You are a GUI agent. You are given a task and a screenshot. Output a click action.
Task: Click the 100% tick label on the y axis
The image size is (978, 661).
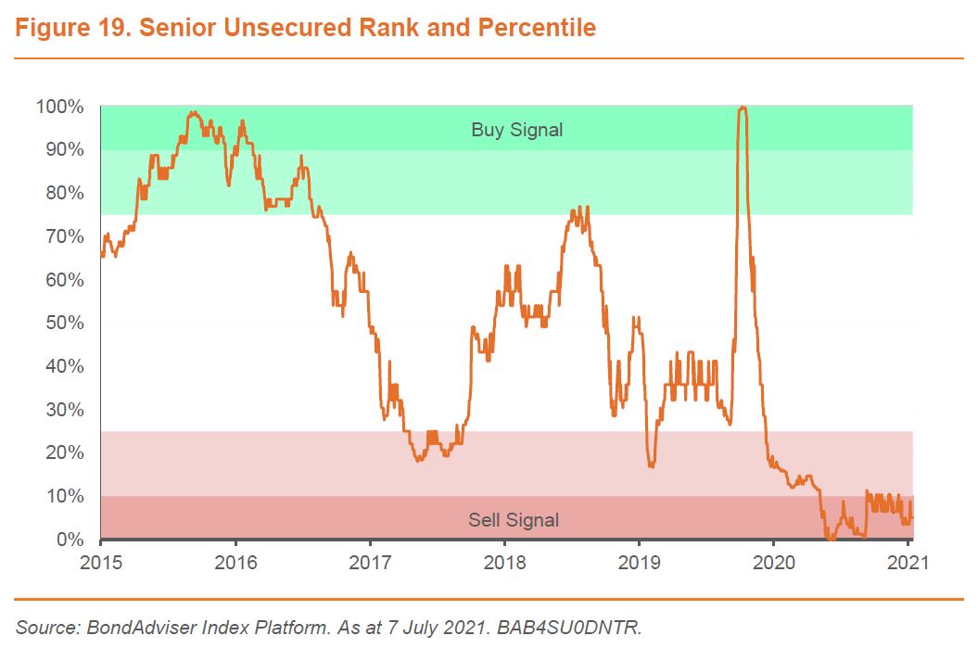click(x=59, y=107)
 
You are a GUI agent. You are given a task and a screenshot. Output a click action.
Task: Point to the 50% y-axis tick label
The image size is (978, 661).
click(x=63, y=324)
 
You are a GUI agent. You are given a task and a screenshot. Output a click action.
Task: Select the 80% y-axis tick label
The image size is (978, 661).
click(x=63, y=193)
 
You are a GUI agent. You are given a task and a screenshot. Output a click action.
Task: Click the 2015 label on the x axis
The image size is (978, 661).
click(x=100, y=562)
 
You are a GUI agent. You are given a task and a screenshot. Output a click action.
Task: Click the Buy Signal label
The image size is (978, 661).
click(x=516, y=130)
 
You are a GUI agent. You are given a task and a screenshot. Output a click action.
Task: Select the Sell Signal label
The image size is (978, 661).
click(x=514, y=520)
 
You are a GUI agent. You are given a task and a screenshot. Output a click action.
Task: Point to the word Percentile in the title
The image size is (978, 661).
click(x=537, y=29)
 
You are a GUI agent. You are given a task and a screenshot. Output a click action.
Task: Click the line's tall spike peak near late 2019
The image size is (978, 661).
click(x=742, y=108)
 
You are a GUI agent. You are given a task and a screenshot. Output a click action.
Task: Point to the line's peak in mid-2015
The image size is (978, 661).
click(x=192, y=112)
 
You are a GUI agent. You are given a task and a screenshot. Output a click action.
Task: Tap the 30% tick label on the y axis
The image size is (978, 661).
click(x=63, y=410)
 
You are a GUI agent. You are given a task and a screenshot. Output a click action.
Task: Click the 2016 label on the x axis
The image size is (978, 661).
click(x=235, y=562)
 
